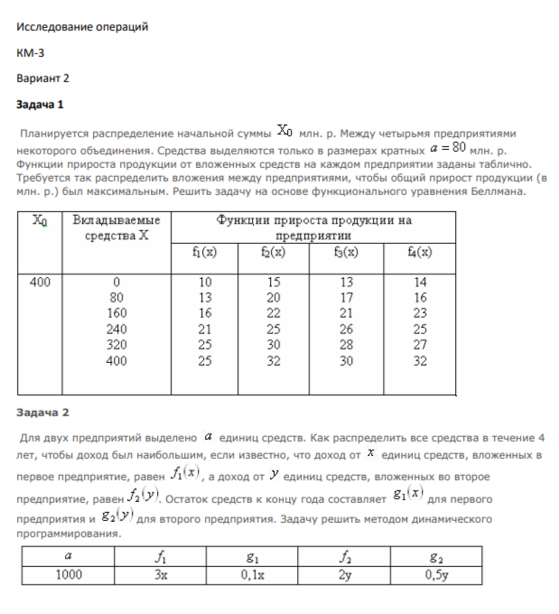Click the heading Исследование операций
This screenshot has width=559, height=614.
82,27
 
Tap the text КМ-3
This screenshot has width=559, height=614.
31,52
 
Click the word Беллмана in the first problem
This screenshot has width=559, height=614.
495,191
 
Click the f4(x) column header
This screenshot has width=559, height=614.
420,252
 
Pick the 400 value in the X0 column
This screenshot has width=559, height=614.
40,282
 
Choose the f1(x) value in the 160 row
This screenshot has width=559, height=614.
205,313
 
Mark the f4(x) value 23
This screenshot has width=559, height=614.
420,313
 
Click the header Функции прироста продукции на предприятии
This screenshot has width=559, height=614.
313,226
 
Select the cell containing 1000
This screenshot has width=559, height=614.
69,573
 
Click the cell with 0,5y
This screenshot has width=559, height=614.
437,573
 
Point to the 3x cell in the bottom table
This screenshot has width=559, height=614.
161,573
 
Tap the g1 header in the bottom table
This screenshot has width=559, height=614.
253,557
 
